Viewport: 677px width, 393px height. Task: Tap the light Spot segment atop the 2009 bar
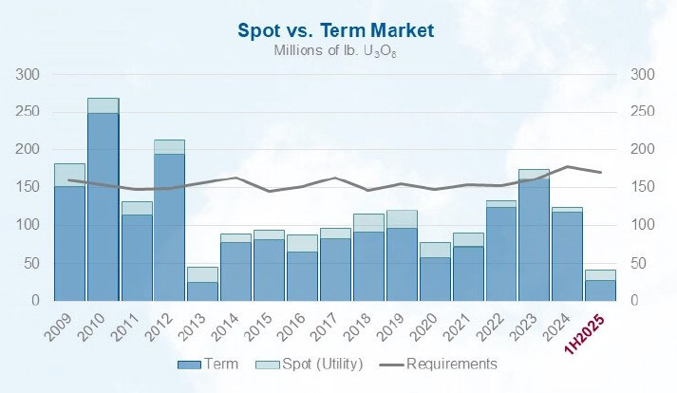click(69, 175)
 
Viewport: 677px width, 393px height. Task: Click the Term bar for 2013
click(202, 290)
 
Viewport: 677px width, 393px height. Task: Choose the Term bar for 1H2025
click(600, 290)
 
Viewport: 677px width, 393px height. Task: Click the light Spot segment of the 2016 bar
click(301, 243)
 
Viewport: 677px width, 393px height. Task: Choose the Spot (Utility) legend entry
click(297, 364)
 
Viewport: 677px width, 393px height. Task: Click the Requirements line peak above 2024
click(567, 167)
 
